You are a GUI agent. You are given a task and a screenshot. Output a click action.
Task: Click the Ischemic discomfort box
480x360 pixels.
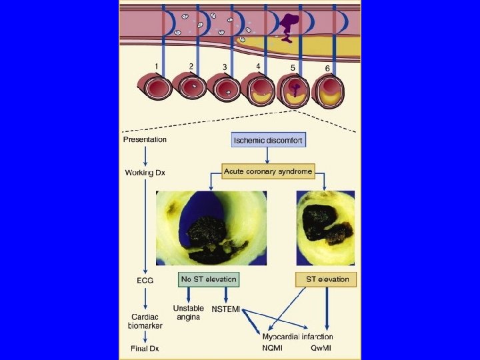267,141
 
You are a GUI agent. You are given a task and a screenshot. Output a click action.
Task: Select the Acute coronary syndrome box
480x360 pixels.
267,172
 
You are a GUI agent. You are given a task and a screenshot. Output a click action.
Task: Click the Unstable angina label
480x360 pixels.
189,313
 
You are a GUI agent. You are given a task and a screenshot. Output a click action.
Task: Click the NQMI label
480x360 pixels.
273,347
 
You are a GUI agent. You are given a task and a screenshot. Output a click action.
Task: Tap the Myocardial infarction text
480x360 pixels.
297,337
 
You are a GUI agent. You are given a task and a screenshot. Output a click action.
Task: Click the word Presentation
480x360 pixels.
145,140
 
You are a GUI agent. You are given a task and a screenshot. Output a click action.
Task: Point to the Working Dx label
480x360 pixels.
145,173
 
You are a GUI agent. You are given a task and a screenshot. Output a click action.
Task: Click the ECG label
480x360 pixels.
145,281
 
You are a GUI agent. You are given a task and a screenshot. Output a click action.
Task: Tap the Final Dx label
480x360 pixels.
145,347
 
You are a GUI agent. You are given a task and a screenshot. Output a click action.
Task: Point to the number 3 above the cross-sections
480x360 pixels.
225,67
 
